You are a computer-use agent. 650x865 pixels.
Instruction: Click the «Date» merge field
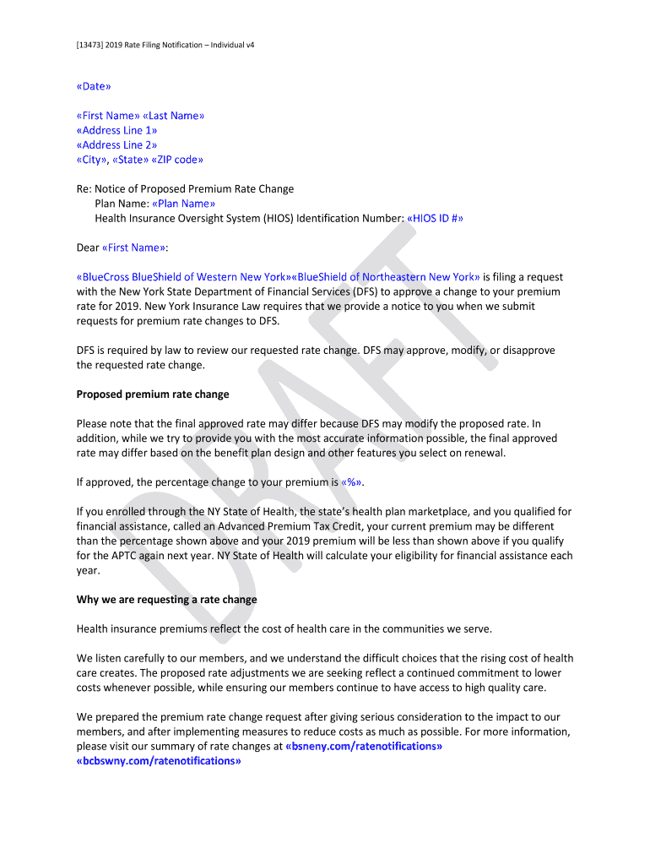click(x=94, y=86)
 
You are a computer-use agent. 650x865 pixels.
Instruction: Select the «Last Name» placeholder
click(x=174, y=116)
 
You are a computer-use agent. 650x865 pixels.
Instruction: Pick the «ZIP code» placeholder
click(x=177, y=160)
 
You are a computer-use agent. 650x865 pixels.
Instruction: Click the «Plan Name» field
click(x=183, y=204)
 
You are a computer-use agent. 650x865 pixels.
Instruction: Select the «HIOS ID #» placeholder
click(x=435, y=218)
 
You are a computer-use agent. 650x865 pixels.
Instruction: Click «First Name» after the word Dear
click(x=133, y=248)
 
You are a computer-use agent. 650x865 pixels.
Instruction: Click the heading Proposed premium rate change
click(x=153, y=394)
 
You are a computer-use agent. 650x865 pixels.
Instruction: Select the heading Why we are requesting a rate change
click(x=167, y=599)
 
